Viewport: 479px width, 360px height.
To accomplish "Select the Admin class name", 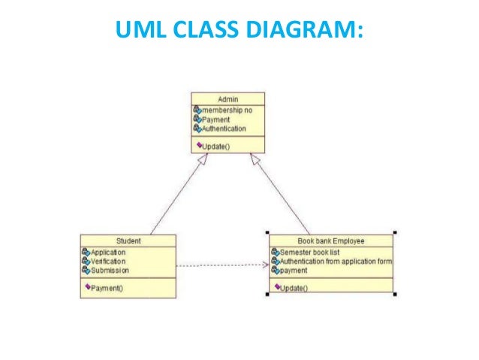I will (227, 98).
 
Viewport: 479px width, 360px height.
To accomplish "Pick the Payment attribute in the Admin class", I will (215, 119).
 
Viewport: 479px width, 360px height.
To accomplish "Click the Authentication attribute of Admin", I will (224, 129).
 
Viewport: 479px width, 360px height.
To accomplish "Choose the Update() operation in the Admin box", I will (217, 146).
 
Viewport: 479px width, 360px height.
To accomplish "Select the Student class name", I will (128, 241).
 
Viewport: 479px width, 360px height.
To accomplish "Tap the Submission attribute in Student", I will (109, 271).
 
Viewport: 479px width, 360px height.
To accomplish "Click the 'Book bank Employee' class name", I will (331, 241).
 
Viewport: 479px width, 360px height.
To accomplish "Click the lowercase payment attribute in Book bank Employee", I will (294, 270).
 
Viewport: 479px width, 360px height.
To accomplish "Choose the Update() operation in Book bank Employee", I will (296, 288).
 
